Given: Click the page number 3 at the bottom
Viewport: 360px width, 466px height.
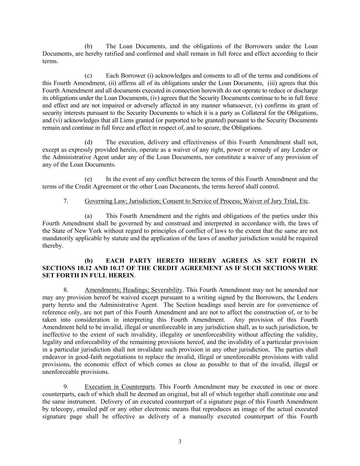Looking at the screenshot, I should [x=180, y=442].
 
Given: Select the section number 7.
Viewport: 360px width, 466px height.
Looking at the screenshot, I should [x=66, y=201].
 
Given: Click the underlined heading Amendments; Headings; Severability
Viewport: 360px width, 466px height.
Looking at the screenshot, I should [x=133, y=290].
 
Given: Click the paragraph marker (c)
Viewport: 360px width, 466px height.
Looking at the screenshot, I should [x=88, y=76].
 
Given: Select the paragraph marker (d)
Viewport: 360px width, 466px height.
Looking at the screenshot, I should [x=88, y=142].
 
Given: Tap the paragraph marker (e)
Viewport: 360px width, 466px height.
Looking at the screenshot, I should [x=88, y=179].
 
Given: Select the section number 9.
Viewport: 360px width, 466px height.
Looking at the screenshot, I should [x=66, y=387].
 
